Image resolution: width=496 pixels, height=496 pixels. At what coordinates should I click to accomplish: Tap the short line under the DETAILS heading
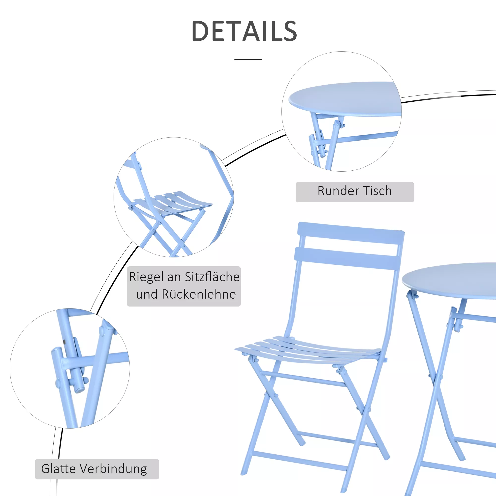[x=248, y=59]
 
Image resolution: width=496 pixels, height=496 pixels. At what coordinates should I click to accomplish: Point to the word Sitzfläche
[x=212, y=277]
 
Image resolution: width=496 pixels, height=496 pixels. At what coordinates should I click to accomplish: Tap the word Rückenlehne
[x=199, y=294]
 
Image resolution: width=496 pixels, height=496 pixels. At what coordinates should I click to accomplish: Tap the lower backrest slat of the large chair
[x=348, y=258]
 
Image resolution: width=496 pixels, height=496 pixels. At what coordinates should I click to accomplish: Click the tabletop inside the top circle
[x=345, y=99]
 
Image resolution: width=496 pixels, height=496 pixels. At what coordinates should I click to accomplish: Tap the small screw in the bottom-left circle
[x=64, y=342]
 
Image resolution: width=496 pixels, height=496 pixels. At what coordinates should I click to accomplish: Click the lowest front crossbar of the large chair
[x=299, y=462]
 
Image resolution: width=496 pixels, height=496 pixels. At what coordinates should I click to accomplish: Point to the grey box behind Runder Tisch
[x=355, y=192]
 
